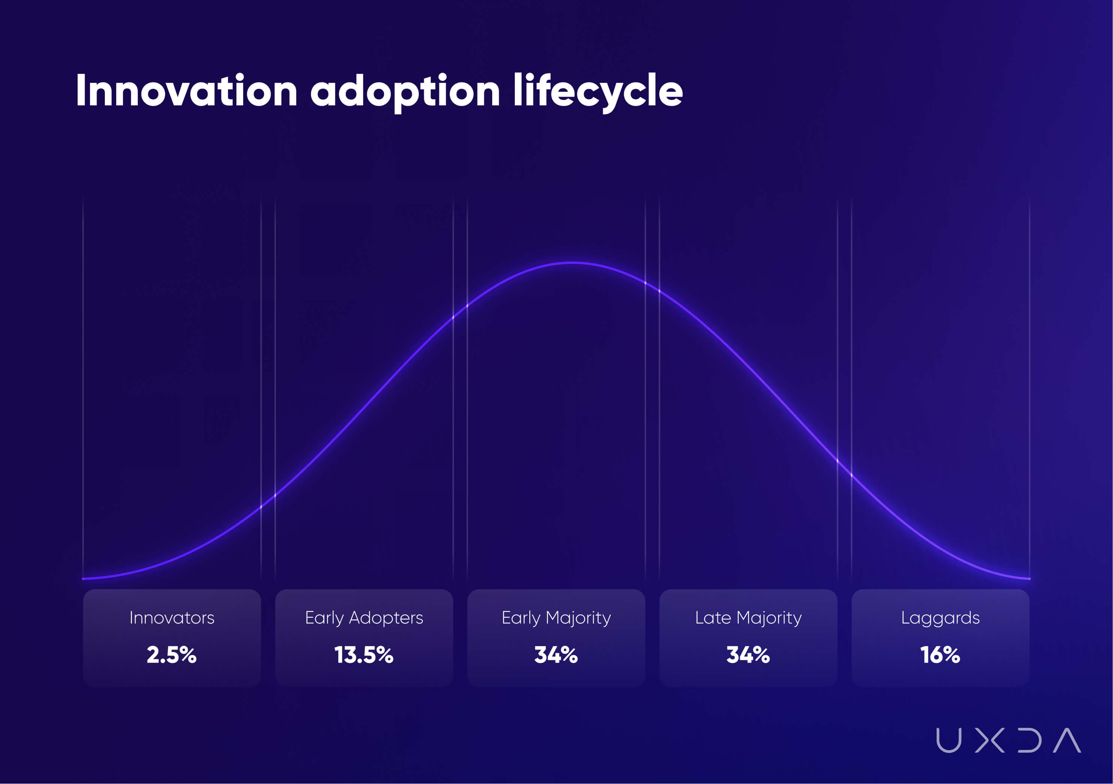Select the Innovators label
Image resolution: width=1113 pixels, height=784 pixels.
172,618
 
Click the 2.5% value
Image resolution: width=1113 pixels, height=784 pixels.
172,655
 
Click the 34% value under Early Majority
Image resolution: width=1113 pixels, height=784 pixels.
556,655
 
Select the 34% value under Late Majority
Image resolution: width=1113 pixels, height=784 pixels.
748,655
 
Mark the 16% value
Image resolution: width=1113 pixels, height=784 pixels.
940,655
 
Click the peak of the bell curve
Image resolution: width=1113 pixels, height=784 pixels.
572,263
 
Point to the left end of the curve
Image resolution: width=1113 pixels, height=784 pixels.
84,578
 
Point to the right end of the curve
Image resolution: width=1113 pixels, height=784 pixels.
1029,578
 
